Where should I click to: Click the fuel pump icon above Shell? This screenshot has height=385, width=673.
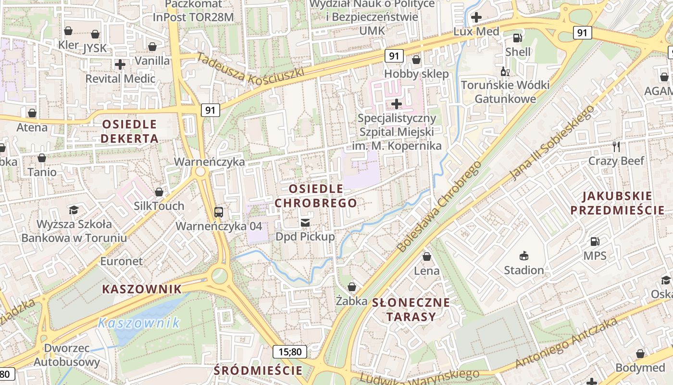518,38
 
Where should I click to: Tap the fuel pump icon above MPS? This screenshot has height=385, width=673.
595,241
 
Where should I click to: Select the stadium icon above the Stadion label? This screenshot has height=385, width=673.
524,256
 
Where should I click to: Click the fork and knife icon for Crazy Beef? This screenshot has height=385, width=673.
617,146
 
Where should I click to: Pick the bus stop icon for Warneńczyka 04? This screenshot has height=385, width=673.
219,212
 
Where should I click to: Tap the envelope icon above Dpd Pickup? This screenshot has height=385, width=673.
305,222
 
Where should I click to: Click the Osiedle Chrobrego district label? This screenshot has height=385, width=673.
316,196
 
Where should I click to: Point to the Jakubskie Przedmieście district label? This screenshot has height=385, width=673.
617,203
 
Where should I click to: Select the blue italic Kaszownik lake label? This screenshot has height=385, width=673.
138,323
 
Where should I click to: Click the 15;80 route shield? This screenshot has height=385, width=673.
290,352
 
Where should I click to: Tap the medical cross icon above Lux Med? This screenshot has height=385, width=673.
476,18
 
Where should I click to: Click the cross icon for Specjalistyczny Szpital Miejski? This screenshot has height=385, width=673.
397,103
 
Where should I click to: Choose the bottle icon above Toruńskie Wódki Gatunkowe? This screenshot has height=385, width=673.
505,72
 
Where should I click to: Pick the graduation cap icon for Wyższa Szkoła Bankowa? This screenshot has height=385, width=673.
74,210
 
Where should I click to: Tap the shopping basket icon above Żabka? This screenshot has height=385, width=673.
352,287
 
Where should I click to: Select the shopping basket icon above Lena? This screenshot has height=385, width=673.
426,257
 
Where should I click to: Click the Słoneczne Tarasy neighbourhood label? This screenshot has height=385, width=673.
411,309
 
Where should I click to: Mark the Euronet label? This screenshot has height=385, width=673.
122,261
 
